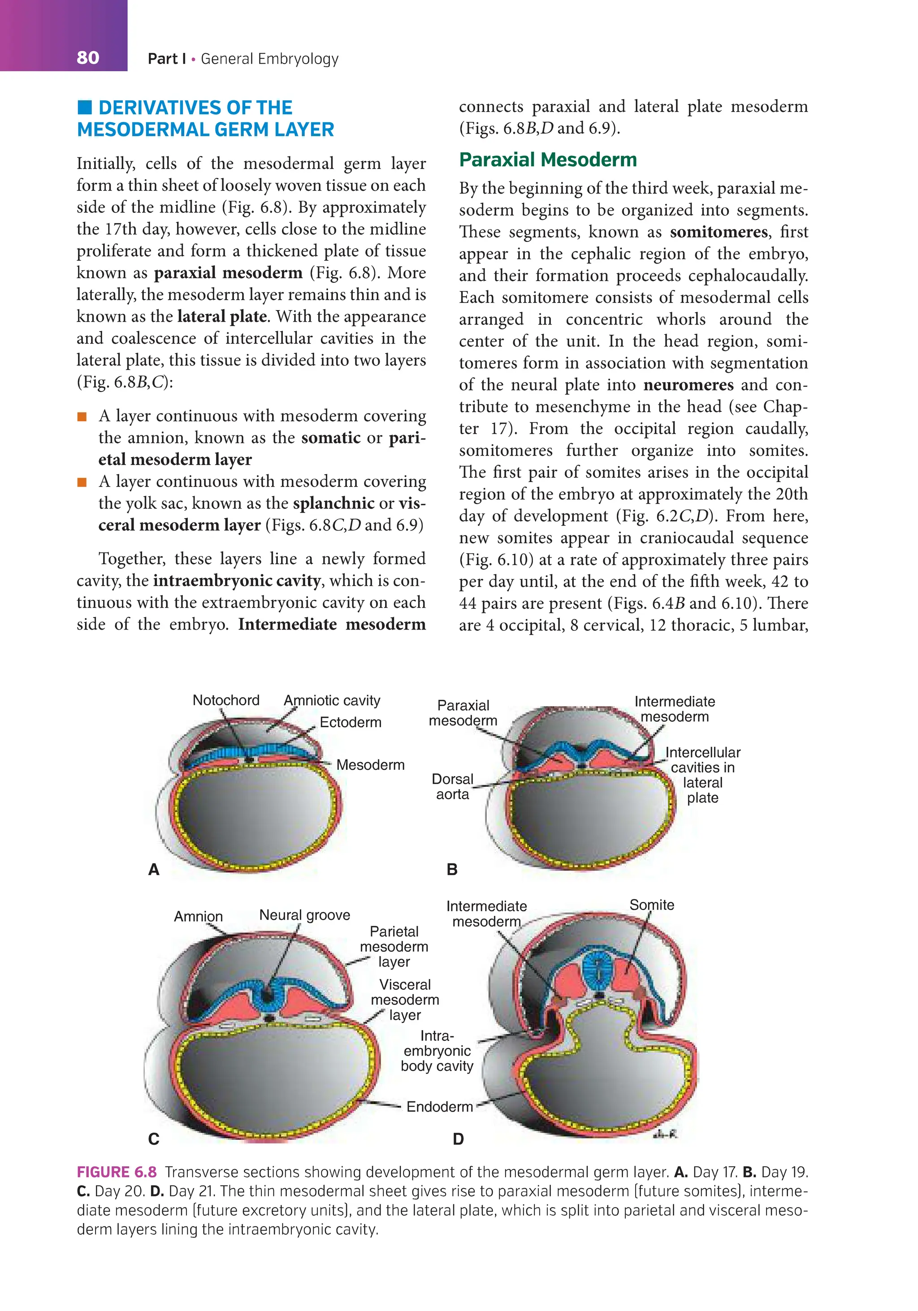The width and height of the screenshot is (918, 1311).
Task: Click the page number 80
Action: pos(87,58)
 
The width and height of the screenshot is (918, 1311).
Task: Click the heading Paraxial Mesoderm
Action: pos(547,160)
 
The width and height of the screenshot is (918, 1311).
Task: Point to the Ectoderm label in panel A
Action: pos(350,722)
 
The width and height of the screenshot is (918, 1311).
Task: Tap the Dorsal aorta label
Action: pos(452,786)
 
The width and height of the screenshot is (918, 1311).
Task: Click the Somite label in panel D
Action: pos(651,905)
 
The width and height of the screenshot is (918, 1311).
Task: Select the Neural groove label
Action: pos(304,915)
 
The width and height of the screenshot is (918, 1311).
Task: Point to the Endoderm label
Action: pos(439,1107)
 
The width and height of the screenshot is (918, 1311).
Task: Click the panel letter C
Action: pos(154,1139)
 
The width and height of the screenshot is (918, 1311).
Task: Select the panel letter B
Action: pos(452,870)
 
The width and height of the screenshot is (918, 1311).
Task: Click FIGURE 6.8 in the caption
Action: pos(117,1172)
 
